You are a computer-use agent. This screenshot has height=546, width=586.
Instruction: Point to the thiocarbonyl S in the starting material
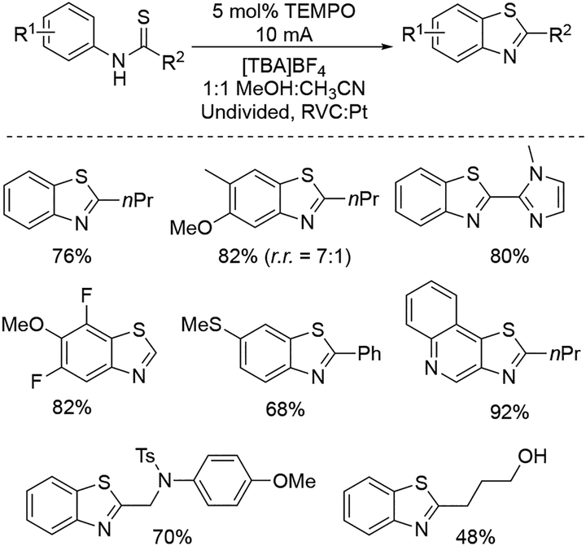[x=146, y=13]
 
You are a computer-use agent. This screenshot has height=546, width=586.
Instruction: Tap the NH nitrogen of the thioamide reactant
[x=120, y=68]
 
